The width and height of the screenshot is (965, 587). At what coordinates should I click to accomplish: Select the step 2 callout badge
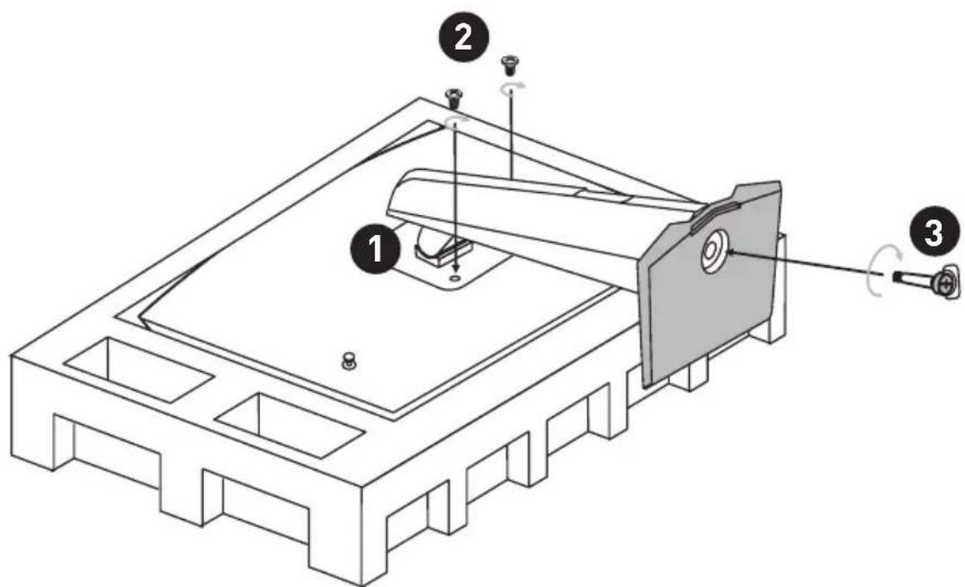(x=462, y=40)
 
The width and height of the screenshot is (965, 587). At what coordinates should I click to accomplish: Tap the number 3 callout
(x=934, y=234)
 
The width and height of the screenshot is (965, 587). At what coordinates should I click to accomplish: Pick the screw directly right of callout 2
(x=509, y=65)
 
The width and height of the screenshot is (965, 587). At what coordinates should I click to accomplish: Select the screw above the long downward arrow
(x=454, y=99)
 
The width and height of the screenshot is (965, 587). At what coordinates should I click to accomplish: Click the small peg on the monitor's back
(x=349, y=361)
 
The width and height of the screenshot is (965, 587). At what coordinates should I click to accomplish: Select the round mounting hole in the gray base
(x=713, y=253)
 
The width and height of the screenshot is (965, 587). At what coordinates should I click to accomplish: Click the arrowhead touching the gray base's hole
(x=731, y=252)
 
